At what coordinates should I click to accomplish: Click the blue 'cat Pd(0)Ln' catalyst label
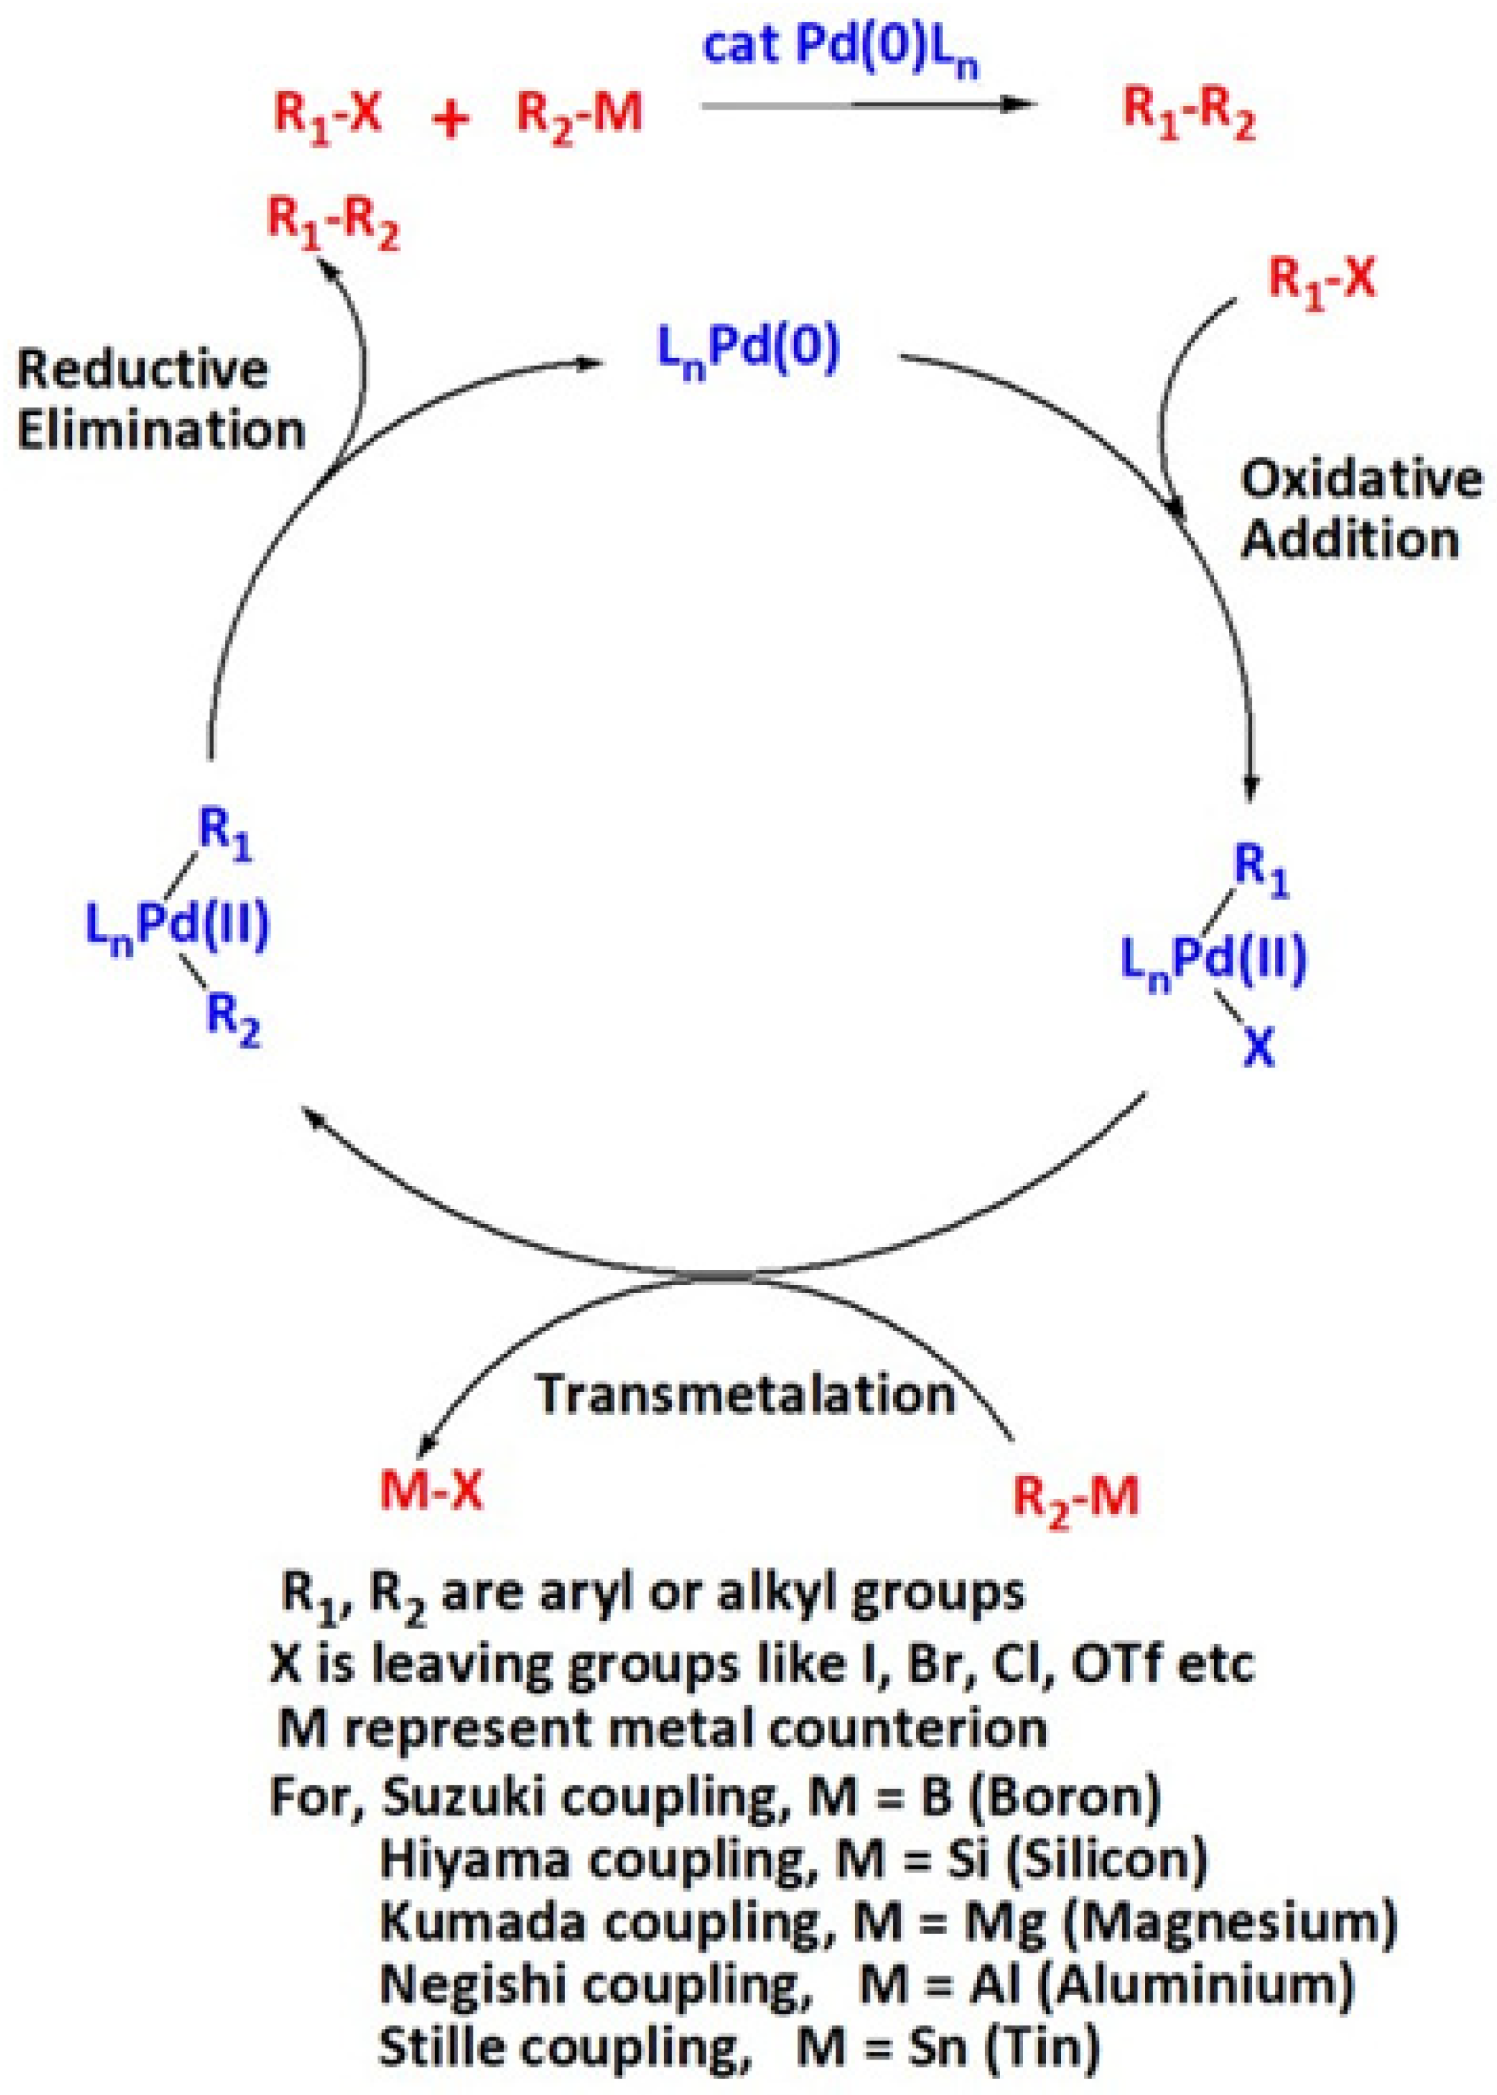click(840, 49)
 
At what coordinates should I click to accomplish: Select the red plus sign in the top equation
click(450, 119)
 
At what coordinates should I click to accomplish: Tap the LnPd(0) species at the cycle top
click(747, 351)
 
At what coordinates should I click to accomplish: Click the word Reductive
click(143, 371)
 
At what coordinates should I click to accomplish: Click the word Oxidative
click(1360, 480)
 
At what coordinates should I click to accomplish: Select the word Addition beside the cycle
click(1351, 539)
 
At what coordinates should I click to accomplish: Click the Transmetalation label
click(746, 1395)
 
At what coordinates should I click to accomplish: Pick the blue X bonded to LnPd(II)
click(1258, 1048)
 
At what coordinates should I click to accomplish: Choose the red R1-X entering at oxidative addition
click(1321, 278)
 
